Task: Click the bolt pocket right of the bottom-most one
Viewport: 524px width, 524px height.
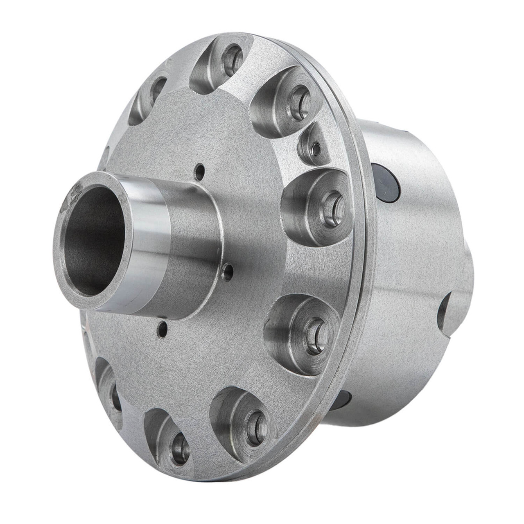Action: pyautogui.click(x=242, y=422)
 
